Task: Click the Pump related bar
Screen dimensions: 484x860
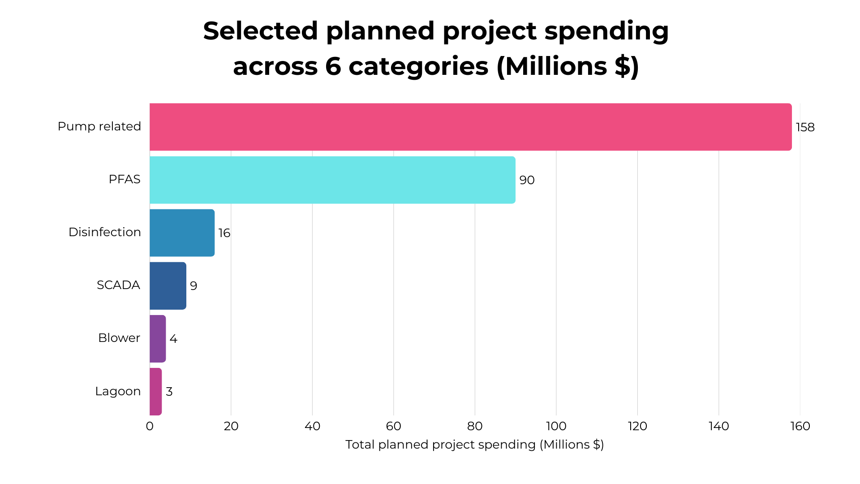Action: (x=470, y=127)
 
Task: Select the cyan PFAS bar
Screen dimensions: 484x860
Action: (x=332, y=180)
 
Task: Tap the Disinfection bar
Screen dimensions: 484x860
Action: (x=182, y=233)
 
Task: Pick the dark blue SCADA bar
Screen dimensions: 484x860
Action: (x=168, y=285)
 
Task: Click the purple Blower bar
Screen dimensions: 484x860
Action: (x=158, y=338)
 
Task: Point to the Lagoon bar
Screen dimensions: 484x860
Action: (x=155, y=391)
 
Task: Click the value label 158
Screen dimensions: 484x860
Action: (x=805, y=127)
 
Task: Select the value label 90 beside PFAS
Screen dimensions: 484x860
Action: (x=527, y=180)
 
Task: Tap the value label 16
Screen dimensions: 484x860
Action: (x=224, y=233)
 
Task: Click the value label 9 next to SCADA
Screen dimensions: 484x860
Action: (x=193, y=286)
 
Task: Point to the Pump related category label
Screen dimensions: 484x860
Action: (x=99, y=126)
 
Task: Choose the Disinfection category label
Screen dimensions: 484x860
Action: (x=104, y=232)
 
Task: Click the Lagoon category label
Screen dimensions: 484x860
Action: (x=118, y=391)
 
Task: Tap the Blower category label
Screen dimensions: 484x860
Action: (x=119, y=338)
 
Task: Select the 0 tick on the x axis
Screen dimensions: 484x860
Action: (x=150, y=426)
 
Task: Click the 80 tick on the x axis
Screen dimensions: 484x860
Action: (x=475, y=426)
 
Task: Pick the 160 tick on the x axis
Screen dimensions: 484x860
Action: (x=800, y=426)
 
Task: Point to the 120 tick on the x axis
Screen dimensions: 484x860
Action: (x=637, y=426)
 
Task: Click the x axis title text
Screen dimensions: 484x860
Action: (x=474, y=445)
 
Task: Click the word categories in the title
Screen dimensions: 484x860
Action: (x=418, y=66)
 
